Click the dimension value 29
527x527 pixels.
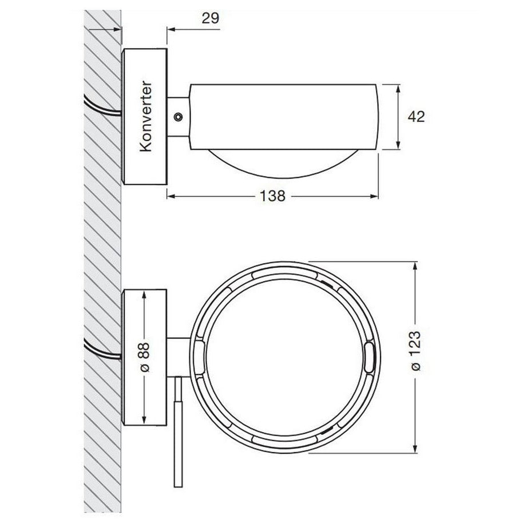coord(211,18)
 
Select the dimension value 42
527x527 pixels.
coord(416,117)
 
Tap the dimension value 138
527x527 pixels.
coord(272,196)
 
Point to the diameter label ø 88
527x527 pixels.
coord(145,357)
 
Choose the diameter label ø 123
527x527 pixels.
coord(416,351)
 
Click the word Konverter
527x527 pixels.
coord(146,116)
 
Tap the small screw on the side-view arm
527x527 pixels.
coord(178,117)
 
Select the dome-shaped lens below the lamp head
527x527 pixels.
coord(283,163)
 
